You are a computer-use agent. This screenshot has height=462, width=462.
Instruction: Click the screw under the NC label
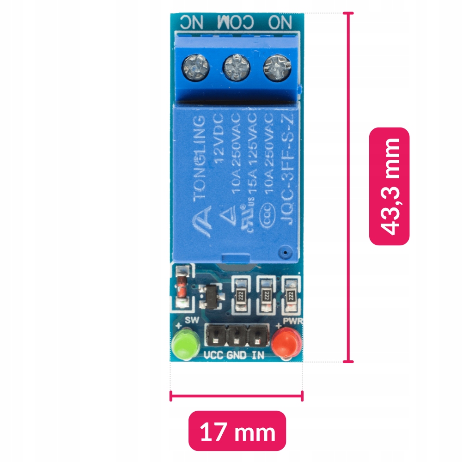pos(196,68)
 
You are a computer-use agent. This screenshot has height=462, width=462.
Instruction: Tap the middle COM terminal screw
pos(236,68)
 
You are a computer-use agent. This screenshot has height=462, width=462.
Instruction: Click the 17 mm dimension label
pos(237,432)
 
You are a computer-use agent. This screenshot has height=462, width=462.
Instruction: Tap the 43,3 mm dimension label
pos(389,186)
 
